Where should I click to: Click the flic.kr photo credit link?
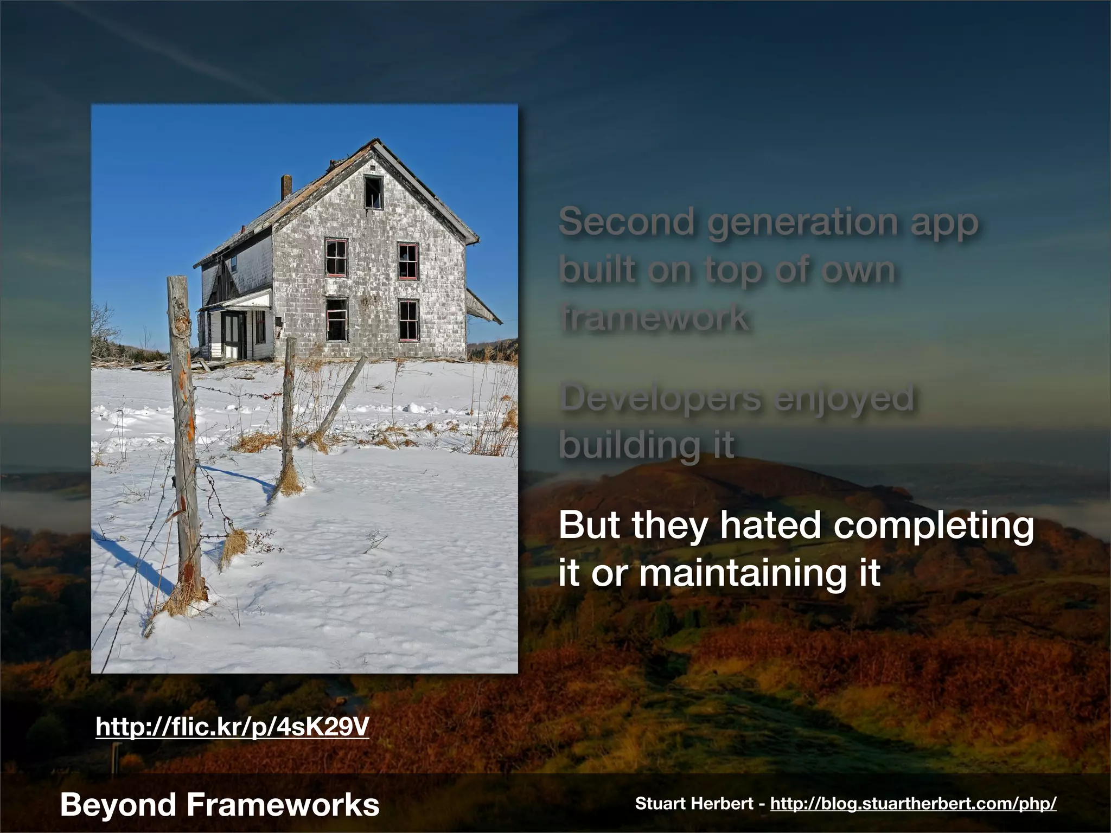point(232,727)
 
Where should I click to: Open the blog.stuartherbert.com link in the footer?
point(913,804)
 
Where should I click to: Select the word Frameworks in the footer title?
point(283,804)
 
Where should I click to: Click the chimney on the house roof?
point(286,187)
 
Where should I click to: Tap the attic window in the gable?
point(373,191)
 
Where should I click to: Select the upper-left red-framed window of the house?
point(336,258)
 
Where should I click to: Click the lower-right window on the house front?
point(408,319)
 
